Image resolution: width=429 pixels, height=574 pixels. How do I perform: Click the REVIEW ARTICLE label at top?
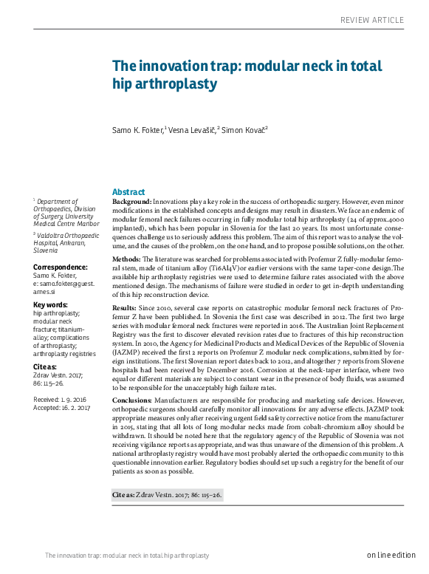pyautogui.click(x=377, y=19)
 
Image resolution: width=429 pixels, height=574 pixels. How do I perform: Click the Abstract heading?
pyautogui.click(x=128, y=191)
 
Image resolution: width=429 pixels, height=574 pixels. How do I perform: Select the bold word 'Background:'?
pyautogui.click(x=131, y=202)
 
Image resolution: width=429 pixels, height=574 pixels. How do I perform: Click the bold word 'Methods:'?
pyautogui.click(x=126, y=259)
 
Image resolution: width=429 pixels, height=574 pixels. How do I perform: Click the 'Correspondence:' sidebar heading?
pyautogui.click(x=61, y=267)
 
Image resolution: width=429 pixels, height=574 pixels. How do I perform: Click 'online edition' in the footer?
pyautogui.click(x=391, y=555)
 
